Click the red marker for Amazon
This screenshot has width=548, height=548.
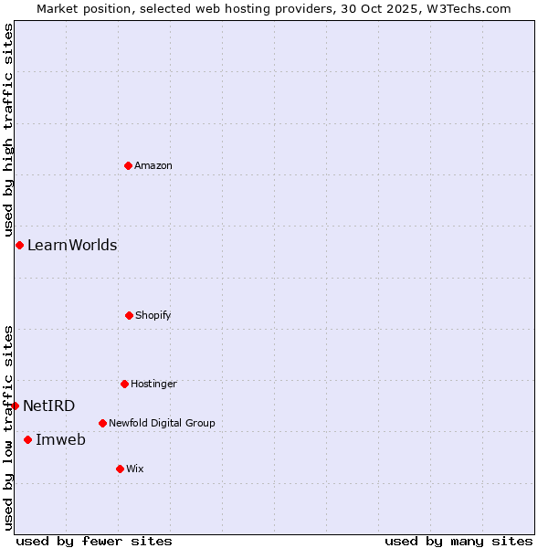pos(128,165)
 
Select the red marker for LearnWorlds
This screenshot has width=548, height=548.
pos(19,245)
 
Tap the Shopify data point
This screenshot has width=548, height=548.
pos(129,315)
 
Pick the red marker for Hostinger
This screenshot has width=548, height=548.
pos(124,384)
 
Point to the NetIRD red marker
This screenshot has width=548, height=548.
pos(16,406)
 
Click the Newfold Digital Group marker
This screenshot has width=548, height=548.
pos(102,423)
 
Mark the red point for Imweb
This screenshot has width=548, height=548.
pos(27,439)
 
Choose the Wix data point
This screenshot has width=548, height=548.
pos(120,469)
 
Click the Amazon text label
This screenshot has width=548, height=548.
pos(153,165)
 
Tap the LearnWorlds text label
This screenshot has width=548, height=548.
pos(72,245)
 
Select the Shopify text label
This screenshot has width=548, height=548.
pos(153,315)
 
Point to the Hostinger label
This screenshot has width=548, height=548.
pos(153,384)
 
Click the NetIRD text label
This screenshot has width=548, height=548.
pos(49,406)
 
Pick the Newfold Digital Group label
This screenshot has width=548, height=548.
pos(162,423)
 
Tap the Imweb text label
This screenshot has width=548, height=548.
pos(60,439)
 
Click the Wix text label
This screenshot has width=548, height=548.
pos(135,469)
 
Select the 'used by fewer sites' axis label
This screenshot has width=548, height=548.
pos(94,541)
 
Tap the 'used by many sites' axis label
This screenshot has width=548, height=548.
pos(458,541)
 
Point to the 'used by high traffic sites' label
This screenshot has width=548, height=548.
pos(8,131)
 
